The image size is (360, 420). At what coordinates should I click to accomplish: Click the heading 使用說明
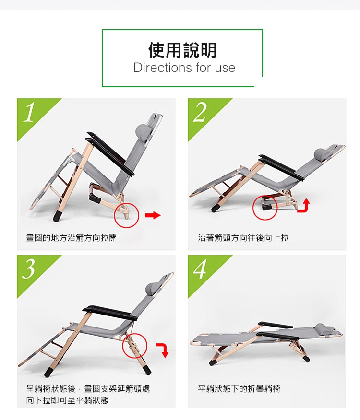click(182, 50)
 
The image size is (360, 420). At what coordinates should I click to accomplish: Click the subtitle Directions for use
click(184, 68)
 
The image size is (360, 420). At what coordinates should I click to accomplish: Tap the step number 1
click(29, 113)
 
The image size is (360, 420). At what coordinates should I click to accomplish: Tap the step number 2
click(200, 112)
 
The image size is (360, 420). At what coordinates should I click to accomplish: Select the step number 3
click(29, 269)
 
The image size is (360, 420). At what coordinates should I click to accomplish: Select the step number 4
click(200, 269)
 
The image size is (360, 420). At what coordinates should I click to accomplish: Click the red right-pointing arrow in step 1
click(153, 215)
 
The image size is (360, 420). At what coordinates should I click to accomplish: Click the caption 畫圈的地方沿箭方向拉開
click(72, 238)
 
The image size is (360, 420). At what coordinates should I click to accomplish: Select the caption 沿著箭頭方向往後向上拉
click(243, 238)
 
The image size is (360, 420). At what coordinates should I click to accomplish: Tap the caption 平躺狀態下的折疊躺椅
click(239, 389)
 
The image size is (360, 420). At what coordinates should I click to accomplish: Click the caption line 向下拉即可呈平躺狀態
click(67, 400)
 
